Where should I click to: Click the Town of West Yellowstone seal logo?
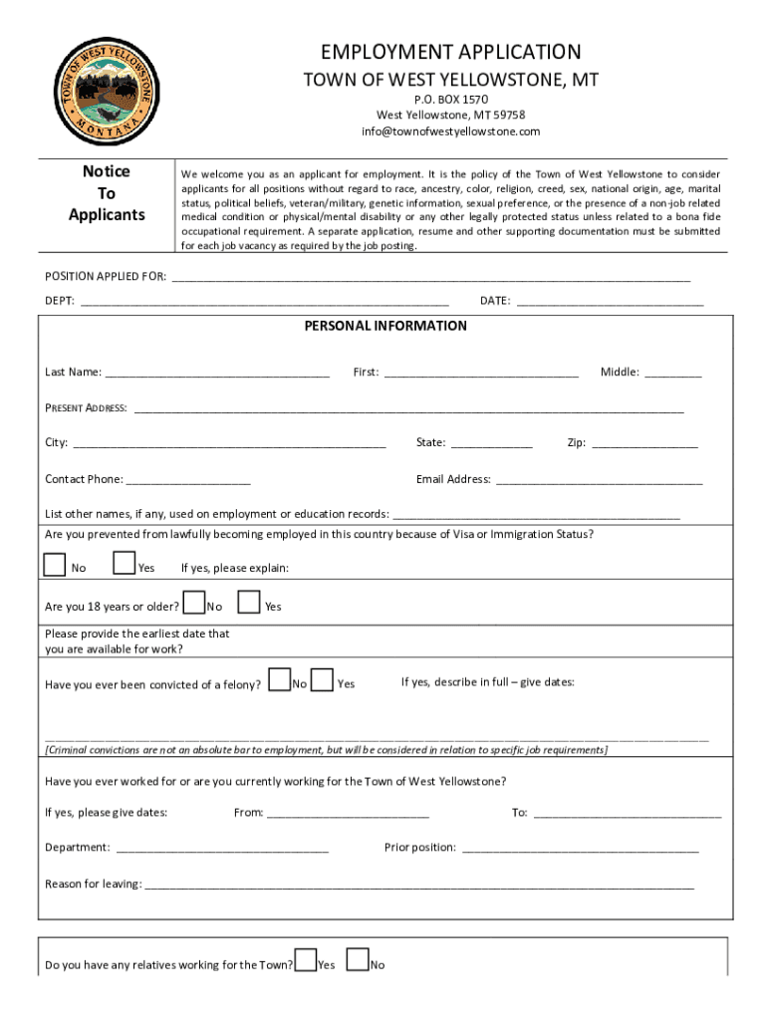[x=104, y=89]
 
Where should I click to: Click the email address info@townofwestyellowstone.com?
[x=450, y=131]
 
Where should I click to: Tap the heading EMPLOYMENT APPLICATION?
[x=450, y=52]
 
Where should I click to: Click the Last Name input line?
[x=217, y=373]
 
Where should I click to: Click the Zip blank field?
[x=644, y=443]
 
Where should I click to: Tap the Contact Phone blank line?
[x=188, y=479]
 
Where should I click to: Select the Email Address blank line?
[x=599, y=479]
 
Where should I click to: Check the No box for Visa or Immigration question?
[x=56, y=565]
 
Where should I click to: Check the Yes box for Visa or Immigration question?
[x=125, y=565]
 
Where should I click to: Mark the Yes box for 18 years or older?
[x=250, y=603]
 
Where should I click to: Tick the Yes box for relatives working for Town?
[x=306, y=960]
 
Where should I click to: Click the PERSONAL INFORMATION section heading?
[x=384, y=326]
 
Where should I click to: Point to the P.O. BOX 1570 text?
[x=450, y=100]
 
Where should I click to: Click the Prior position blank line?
[x=580, y=848]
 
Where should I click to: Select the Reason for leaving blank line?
[x=419, y=885]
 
